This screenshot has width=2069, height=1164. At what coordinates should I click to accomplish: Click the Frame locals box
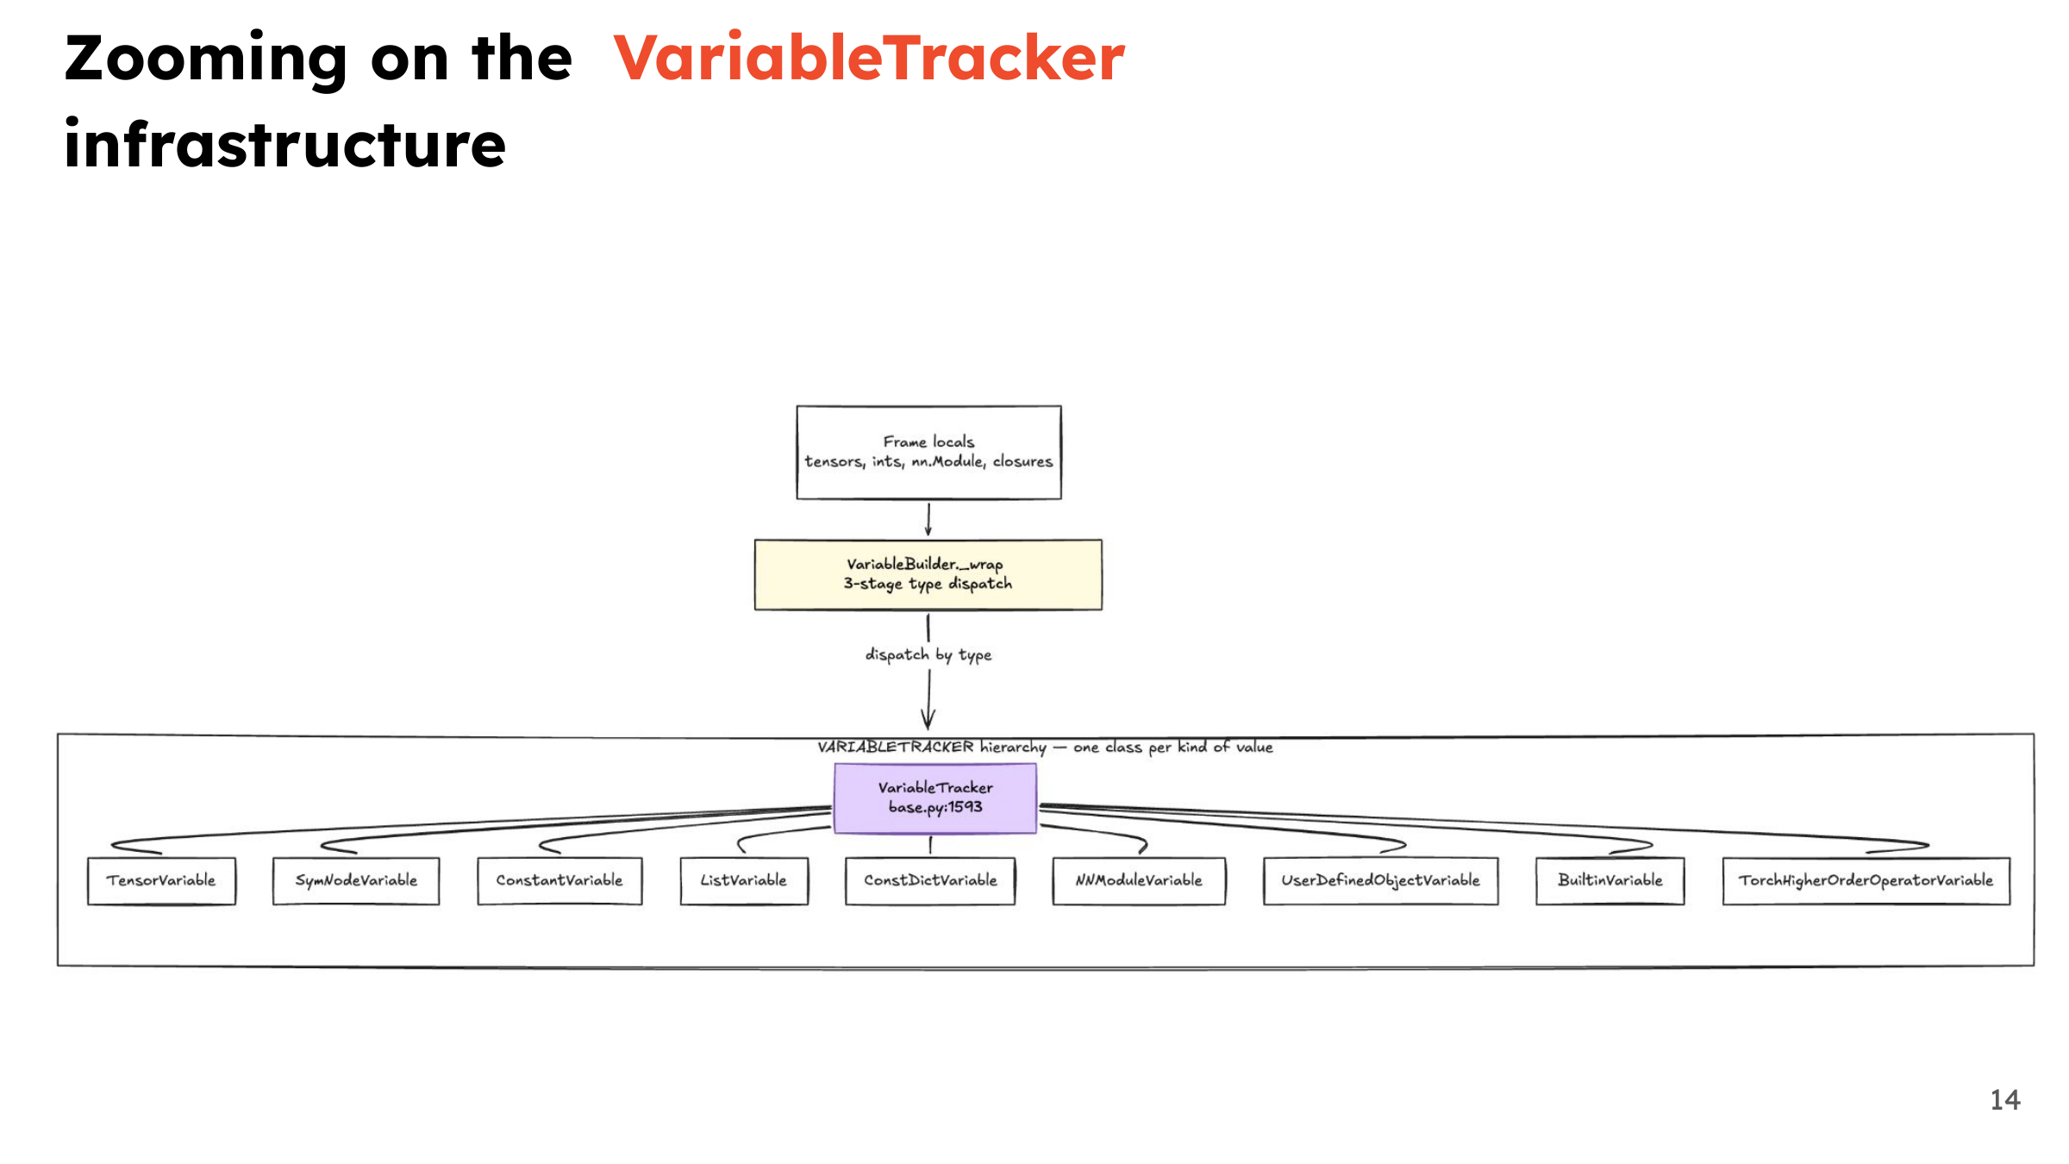point(928,453)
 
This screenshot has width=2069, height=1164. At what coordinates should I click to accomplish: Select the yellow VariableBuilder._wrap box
point(928,575)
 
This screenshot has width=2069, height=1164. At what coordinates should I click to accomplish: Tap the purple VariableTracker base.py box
point(935,798)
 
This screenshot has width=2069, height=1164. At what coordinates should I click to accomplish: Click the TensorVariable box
point(161,880)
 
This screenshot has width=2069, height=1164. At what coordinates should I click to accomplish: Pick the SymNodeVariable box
point(356,880)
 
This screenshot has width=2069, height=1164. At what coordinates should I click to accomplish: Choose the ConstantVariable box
point(559,880)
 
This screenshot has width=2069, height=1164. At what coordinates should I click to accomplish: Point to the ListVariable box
point(744,880)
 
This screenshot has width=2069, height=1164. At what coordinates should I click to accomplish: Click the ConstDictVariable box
point(930,880)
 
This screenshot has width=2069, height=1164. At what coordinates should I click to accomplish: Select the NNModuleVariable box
point(1139,880)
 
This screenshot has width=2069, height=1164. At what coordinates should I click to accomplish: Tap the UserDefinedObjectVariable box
point(1380,880)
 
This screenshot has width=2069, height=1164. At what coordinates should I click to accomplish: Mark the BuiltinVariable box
point(1610,880)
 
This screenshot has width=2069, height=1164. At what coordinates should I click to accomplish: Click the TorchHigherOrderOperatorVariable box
point(1866,880)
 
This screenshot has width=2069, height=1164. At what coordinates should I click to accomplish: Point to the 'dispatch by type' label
point(928,655)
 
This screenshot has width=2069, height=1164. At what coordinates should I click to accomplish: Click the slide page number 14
point(2005,1100)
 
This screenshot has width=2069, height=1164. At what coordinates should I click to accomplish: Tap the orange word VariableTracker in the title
point(869,58)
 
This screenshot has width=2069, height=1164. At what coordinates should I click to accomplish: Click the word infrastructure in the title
point(284,143)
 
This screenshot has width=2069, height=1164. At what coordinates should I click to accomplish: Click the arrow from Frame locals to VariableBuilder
point(928,519)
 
